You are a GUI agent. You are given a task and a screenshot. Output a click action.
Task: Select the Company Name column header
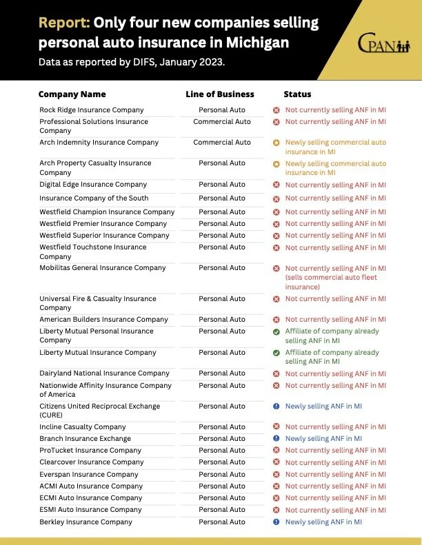tap(72, 94)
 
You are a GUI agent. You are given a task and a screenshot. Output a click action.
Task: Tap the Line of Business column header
tap(220, 94)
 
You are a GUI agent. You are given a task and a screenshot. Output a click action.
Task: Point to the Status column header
tap(297, 94)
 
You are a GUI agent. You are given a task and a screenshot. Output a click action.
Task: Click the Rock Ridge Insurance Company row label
tap(91, 110)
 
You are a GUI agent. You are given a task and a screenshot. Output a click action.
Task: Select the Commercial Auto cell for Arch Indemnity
tap(222, 143)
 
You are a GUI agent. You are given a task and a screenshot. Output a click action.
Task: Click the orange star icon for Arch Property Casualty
tap(276, 164)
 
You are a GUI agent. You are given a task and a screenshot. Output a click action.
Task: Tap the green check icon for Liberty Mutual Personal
tap(276, 331)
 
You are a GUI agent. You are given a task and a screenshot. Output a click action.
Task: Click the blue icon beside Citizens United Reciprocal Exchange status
tap(276, 407)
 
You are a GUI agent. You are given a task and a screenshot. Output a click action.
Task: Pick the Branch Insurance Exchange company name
tap(85, 438)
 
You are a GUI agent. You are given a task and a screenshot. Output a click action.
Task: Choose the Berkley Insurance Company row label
tap(86, 522)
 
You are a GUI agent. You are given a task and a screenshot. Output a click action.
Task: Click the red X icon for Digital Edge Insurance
tap(276, 185)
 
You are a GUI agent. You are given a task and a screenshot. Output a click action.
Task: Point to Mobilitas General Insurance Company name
tap(102, 268)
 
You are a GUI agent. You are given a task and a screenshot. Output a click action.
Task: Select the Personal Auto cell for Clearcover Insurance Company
tap(222, 462)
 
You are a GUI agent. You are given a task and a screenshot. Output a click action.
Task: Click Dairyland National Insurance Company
tap(104, 373)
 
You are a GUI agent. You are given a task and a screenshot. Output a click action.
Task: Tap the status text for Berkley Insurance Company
tap(323, 522)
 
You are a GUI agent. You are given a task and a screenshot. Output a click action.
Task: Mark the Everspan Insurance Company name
tap(89, 474)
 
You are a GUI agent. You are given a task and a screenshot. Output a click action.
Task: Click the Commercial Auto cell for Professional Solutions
tap(222, 122)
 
